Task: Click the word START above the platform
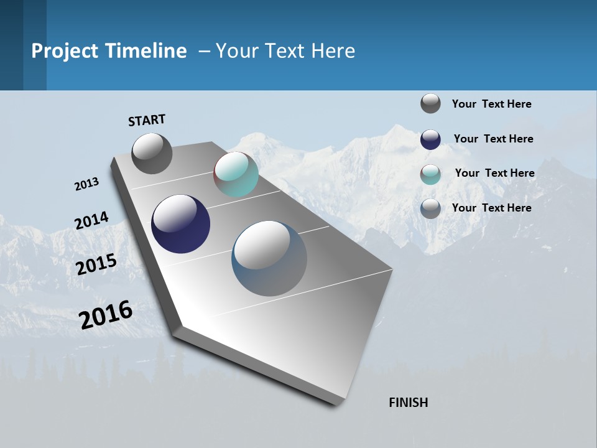(147, 120)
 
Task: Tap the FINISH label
(409, 403)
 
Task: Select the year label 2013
(87, 184)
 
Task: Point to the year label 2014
(92, 221)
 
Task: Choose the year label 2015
(96, 264)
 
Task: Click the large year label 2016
(106, 314)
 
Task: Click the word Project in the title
(65, 51)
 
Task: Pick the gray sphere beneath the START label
(152, 153)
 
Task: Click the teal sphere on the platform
(236, 174)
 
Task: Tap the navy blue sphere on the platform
(180, 224)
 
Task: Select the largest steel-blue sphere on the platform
(269, 258)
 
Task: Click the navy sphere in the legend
(430, 139)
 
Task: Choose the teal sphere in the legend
(430, 174)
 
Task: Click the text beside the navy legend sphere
(493, 139)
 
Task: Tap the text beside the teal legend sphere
(494, 173)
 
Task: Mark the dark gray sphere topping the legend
(430, 103)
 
